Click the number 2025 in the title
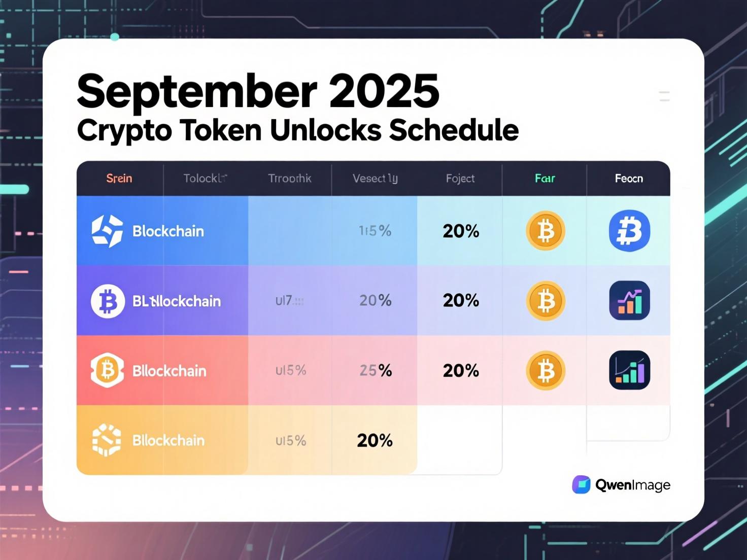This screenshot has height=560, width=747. point(384,91)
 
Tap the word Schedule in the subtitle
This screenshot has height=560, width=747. point(454,130)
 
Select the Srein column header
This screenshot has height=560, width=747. point(119,179)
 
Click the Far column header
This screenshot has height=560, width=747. point(545,179)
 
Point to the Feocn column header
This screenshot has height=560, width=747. point(629,179)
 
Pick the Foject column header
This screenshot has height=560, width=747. point(460,179)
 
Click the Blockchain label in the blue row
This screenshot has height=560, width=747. point(168,231)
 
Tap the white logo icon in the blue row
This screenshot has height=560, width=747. point(107,231)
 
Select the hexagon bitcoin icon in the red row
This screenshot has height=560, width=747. point(107,371)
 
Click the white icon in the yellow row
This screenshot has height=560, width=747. point(107,440)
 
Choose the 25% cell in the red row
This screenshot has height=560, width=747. point(376,371)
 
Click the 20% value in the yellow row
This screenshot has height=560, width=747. point(375,440)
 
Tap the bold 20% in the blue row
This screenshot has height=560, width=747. point(461,231)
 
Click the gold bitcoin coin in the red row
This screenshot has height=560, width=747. point(546,371)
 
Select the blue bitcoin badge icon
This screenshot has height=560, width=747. point(629,231)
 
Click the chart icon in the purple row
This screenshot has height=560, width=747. point(629,301)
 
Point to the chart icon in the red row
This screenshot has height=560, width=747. point(629,370)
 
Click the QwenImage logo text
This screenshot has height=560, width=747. point(632,485)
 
